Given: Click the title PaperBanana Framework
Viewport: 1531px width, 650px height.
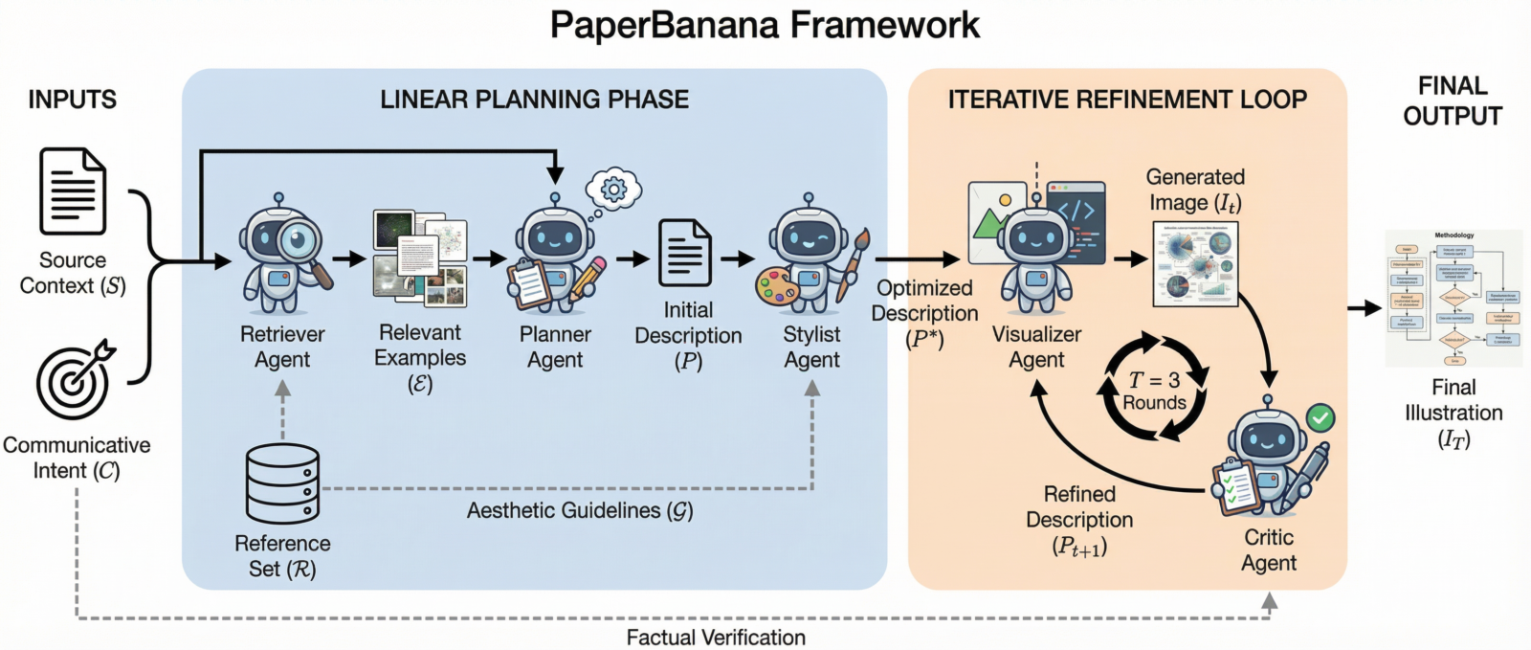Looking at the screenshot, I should click(765, 26).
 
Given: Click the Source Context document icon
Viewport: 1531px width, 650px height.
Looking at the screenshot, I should click(73, 191).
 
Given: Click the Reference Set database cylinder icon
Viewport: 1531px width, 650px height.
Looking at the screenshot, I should click(282, 482).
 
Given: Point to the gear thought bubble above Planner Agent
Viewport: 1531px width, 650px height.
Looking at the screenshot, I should click(613, 190).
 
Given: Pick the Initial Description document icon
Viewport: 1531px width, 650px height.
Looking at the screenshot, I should click(685, 253).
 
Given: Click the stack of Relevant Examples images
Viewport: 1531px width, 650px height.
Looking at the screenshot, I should click(419, 258).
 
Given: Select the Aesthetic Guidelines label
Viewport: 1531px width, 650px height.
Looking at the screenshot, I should click(580, 511).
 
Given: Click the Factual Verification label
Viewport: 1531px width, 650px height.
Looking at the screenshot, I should click(716, 638).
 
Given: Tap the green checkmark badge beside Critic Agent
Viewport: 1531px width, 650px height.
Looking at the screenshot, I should click(1320, 417).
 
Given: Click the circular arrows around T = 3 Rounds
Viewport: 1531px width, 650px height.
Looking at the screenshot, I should click(1155, 387).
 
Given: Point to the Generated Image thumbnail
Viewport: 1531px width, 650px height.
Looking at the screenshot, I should click(1195, 264).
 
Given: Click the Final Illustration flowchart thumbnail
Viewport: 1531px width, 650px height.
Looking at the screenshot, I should click(1453, 299).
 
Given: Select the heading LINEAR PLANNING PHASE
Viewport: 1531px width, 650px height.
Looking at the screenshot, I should click(534, 100).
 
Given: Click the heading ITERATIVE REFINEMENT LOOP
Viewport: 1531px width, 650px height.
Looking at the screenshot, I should click(1127, 100).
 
